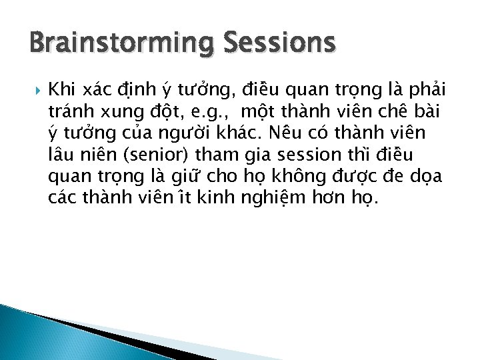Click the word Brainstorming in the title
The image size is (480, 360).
[x=107, y=44]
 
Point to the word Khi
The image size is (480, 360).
[x=63, y=89]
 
